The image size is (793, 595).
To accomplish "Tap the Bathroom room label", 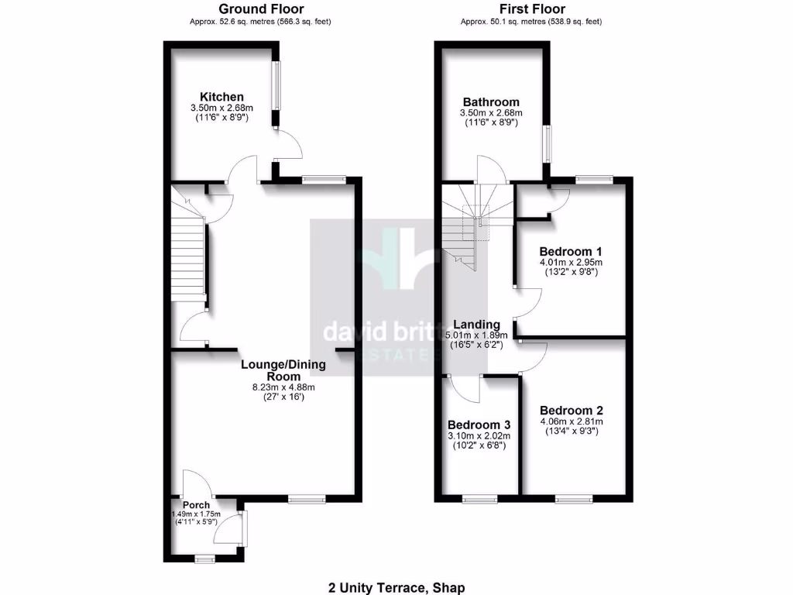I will pyautogui.click(x=491, y=102).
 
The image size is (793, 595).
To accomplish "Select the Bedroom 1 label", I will pyautogui.click(x=571, y=252).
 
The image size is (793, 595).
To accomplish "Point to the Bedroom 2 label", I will pyautogui.click(x=572, y=411).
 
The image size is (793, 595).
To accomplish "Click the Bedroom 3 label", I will pyautogui.click(x=479, y=425).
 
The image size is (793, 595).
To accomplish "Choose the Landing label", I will pyautogui.click(x=476, y=325).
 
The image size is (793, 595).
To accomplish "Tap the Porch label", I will pyautogui.click(x=196, y=505).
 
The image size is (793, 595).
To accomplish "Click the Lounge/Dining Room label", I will pyautogui.click(x=283, y=370).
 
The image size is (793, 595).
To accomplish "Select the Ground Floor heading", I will pyautogui.click(x=260, y=9).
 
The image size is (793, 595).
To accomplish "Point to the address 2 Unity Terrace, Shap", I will pyautogui.click(x=396, y=588).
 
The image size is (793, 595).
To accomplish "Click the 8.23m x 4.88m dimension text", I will pyautogui.click(x=283, y=387).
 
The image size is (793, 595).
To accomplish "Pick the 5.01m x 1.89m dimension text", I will pyautogui.click(x=476, y=335).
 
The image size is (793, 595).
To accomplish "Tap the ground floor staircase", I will pyautogui.click(x=187, y=256).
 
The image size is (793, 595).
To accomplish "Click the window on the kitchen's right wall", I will pyautogui.click(x=275, y=85).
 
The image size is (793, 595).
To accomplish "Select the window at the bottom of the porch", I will pyautogui.click(x=204, y=558).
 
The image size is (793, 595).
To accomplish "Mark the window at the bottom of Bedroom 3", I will pyautogui.click(x=480, y=499).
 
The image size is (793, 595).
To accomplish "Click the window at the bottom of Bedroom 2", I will pyautogui.click(x=573, y=499).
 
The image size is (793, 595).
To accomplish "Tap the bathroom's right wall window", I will pyautogui.click(x=547, y=143).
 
